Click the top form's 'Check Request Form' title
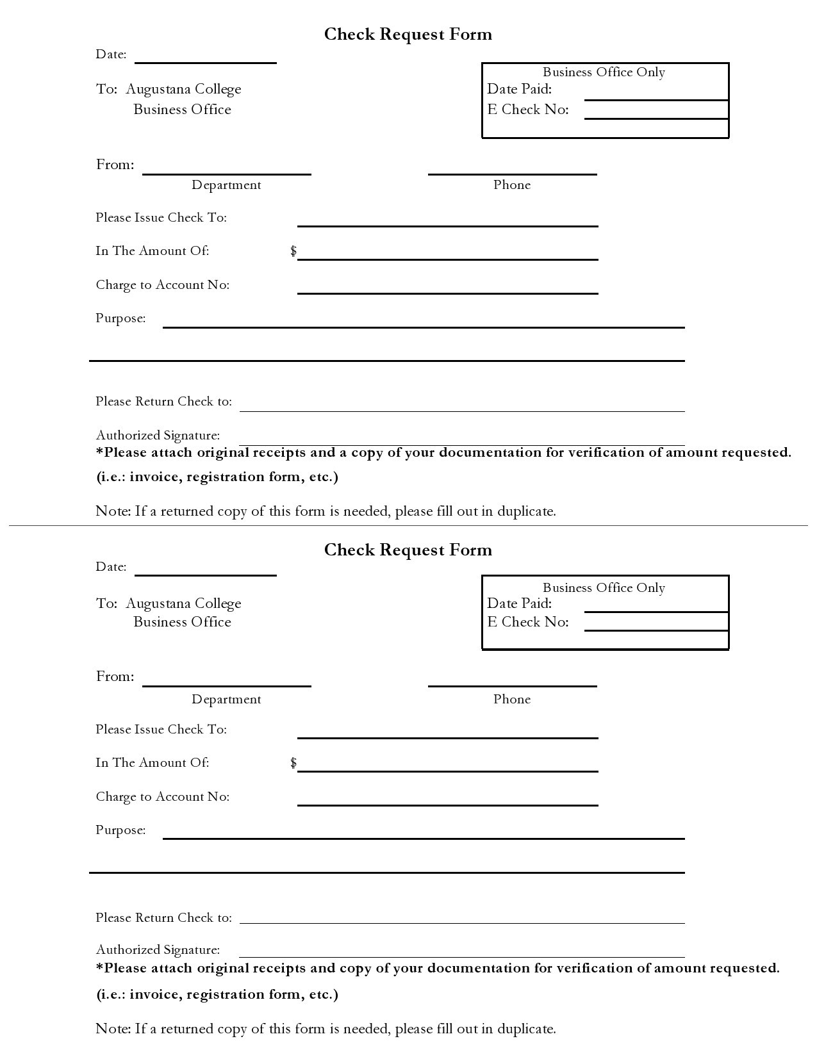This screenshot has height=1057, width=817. coord(408,34)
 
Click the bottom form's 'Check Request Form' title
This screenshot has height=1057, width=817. coord(408,550)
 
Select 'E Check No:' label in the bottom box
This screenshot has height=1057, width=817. coord(528,622)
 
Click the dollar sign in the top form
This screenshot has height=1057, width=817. coord(293,250)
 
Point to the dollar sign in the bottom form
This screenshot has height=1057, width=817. coord(293,762)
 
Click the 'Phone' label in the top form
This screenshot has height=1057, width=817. coord(511,185)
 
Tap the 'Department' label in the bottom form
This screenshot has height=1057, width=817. coord(226,700)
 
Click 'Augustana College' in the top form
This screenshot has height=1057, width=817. coord(183,89)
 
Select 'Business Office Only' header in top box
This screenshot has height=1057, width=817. coord(604,72)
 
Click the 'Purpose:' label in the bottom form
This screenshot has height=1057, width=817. coord(120,830)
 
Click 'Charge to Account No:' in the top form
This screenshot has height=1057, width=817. coord(162,285)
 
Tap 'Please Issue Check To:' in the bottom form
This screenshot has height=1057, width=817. coord(161,730)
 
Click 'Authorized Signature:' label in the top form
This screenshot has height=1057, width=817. coord(158,436)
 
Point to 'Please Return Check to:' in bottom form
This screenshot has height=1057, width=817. coord(163,918)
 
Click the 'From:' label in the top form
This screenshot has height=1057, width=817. coord(115,165)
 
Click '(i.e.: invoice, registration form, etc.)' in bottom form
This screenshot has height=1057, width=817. coord(217,994)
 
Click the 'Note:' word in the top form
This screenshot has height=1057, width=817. coord(113,511)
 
